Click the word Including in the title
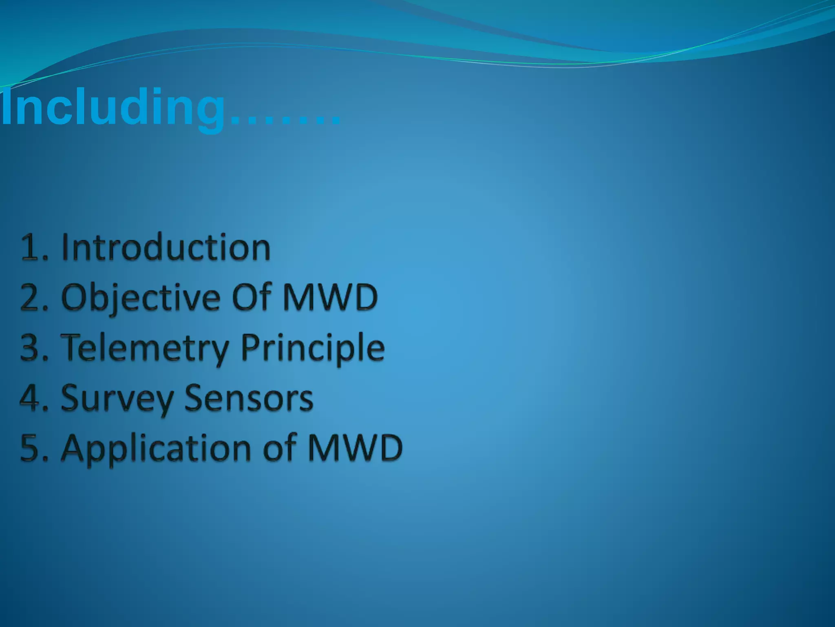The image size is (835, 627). (113, 108)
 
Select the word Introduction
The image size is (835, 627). (166, 247)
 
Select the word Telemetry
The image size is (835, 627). (145, 348)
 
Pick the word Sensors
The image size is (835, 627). (249, 398)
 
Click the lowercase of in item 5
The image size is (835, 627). (280, 448)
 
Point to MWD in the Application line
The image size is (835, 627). (355, 448)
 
